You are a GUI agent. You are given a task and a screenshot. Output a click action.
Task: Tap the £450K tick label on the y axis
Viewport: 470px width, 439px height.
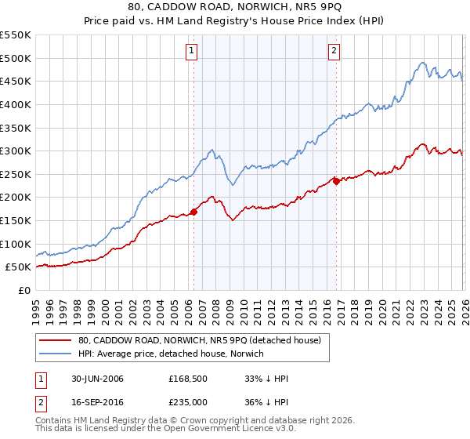pyautogui.click(x=16, y=82)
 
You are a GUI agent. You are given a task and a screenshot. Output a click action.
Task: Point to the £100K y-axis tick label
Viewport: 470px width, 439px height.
pyautogui.click(x=16, y=244)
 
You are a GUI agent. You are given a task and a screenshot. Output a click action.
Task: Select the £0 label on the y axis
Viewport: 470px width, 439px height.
pyautogui.click(x=23, y=290)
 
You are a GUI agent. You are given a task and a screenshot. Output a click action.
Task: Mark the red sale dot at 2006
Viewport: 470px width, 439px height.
pyautogui.click(x=194, y=212)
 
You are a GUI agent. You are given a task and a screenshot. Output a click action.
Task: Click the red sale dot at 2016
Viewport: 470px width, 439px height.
pyautogui.click(x=336, y=181)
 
